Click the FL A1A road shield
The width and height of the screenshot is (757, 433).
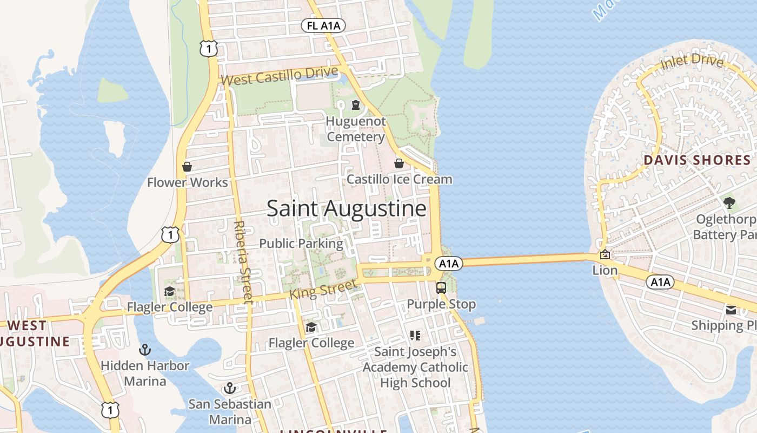(323, 25)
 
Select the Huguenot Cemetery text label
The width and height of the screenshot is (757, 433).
(356, 129)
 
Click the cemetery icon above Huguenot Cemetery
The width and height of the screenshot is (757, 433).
(356, 105)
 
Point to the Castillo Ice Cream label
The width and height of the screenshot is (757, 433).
(399, 179)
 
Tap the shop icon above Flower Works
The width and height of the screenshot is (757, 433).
(187, 167)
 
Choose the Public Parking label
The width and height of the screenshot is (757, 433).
(301, 244)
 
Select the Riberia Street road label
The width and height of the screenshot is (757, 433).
(243, 261)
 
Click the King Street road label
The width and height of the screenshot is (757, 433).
(323, 289)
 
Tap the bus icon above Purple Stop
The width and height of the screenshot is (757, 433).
(441, 287)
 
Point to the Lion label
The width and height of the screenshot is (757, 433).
(605, 270)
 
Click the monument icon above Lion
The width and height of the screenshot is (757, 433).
(605, 254)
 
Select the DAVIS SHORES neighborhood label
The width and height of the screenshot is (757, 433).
(697, 160)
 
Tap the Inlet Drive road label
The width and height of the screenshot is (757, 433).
(692, 62)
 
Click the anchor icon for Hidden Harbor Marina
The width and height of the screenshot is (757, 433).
(144, 350)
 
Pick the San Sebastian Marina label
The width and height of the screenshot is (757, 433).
(230, 412)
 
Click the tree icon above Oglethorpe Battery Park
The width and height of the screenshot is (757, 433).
(729, 203)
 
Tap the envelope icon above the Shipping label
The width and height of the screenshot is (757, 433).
(731, 310)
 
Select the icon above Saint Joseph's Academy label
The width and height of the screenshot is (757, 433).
(415, 336)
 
